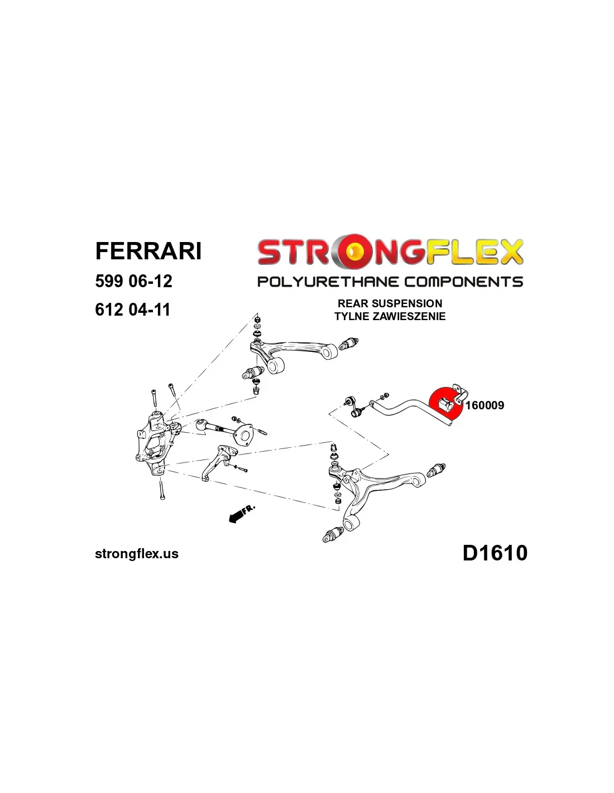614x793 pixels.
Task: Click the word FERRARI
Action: [x=148, y=251]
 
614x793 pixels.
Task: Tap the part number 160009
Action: [x=485, y=405]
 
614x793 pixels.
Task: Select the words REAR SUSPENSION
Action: [x=390, y=303]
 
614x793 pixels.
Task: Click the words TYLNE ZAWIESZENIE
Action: [x=390, y=316]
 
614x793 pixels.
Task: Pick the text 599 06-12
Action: [x=133, y=281]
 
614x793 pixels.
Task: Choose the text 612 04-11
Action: [x=133, y=310]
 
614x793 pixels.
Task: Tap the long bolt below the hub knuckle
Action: [x=162, y=490]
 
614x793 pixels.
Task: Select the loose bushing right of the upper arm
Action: [x=349, y=344]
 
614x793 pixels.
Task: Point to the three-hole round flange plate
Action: [x=243, y=433]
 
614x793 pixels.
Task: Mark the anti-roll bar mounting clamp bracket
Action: [x=459, y=393]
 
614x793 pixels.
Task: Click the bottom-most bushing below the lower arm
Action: [x=333, y=535]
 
